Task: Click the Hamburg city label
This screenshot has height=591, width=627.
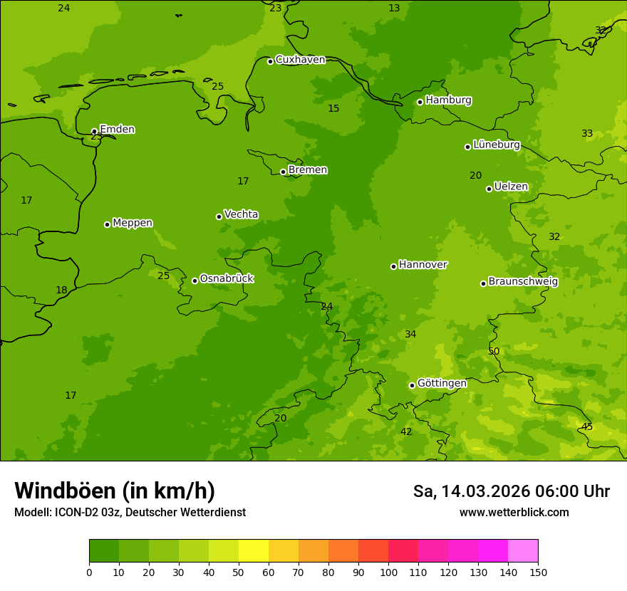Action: pos(448,100)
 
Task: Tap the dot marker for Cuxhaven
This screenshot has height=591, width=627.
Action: pos(270,61)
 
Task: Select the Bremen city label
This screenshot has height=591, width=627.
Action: pos(307,170)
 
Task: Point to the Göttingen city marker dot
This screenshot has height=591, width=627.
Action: pos(412,385)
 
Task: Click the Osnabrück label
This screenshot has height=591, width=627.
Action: pos(226,278)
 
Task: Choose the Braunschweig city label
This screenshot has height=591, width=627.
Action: pos(523,282)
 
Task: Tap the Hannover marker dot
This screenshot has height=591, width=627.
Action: pos(393,266)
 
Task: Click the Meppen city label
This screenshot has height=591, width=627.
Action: pos(132,223)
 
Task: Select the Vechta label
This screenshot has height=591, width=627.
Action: pos(241,214)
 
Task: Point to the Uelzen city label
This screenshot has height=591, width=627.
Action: pos(511,187)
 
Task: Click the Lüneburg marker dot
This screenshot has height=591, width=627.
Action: pos(467,147)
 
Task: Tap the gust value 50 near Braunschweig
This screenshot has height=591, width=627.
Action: pos(494,351)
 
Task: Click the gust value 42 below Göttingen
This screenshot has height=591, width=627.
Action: pos(406,432)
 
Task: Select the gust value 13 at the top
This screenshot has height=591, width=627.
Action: pos(394,8)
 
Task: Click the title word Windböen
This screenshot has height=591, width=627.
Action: pos(65,491)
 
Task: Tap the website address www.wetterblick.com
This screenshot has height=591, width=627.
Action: pos(514,513)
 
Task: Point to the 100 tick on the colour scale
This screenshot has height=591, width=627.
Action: pos(388,572)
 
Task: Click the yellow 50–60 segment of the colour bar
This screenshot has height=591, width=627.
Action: pos(254,551)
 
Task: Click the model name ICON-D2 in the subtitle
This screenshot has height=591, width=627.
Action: pos(76,513)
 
